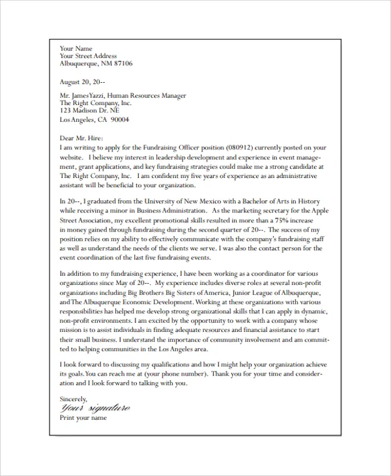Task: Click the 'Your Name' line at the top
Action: click(76, 48)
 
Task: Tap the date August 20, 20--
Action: click(82, 82)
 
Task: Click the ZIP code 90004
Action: click(120, 120)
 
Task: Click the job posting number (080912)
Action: click(243, 148)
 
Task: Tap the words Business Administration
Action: click(175, 211)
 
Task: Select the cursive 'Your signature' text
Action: click(94, 408)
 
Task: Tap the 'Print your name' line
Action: click(83, 418)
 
